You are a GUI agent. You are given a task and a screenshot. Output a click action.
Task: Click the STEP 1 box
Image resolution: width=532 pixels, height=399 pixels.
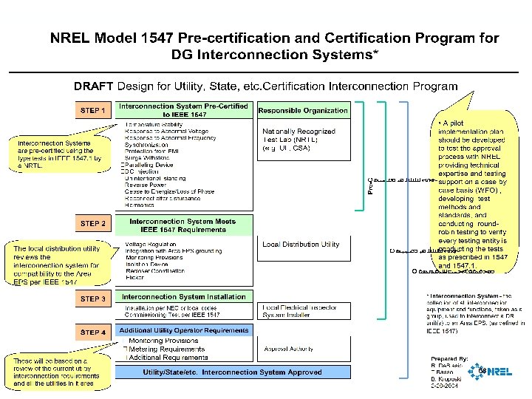click(92, 111)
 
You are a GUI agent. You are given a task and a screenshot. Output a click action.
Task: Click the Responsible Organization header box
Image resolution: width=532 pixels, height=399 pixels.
click(303, 110)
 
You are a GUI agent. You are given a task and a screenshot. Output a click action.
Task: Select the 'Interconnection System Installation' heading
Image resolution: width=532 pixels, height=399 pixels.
click(183, 297)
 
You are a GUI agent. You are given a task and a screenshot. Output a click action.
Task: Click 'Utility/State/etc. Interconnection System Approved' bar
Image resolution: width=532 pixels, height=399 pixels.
click(232, 372)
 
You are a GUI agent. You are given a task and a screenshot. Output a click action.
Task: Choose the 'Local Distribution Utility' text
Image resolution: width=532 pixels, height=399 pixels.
click(301, 244)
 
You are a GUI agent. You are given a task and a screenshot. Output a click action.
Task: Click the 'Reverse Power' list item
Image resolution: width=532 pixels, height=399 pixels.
click(148, 185)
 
